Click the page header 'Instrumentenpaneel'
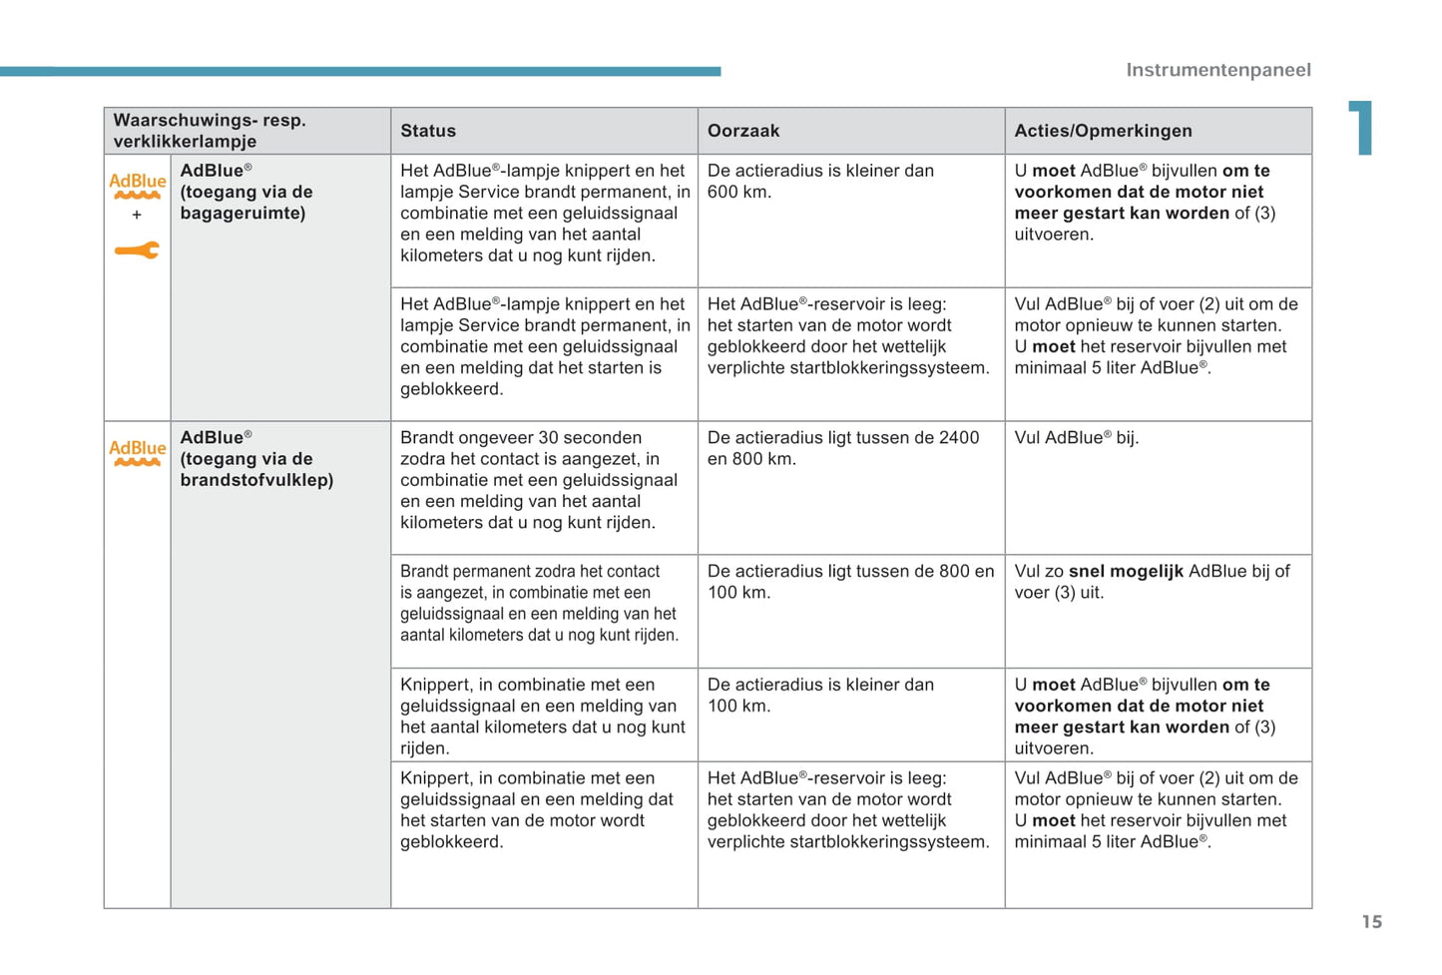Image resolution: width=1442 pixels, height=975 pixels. [x=1217, y=70]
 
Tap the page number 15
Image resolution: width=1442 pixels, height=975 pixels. [x=1371, y=922]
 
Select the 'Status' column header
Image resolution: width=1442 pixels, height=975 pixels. [x=428, y=131]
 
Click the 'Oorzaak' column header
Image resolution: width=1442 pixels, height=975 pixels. [x=743, y=131]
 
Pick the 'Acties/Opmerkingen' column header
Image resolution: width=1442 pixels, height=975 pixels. [x=1103, y=131]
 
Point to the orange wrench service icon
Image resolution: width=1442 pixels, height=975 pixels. [x=137, y=250]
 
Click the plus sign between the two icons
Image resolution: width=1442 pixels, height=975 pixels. [x=137, y=215]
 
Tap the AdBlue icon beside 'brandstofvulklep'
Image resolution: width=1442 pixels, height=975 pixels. [x=137, y=452]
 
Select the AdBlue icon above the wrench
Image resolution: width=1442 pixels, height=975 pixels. [x=137, y=185]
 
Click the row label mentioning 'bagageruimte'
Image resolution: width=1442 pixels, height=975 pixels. [x=245, y=192]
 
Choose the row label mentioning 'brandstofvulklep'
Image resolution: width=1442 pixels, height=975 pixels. [x=256, y=459]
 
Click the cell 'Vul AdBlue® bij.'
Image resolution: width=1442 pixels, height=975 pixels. [x=1076, y=438]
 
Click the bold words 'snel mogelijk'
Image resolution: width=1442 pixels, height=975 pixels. [x=1126, y=572]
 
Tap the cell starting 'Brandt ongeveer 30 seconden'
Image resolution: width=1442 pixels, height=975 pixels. [x=539, y=480]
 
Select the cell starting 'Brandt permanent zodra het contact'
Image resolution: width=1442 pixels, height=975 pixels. [x=539, y=603]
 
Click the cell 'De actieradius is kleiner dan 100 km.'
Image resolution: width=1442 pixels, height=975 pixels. [x=820, y=696]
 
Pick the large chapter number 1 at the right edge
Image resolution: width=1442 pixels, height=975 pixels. [x=1362, y=128]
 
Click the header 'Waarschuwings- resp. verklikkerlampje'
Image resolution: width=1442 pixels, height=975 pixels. [x=210, y=131]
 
